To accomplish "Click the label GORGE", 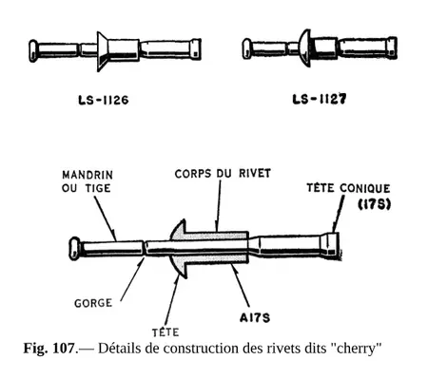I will coord(92,304).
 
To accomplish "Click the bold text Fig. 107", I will coord(49,347).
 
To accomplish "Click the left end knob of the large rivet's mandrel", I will coord(73,249).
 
